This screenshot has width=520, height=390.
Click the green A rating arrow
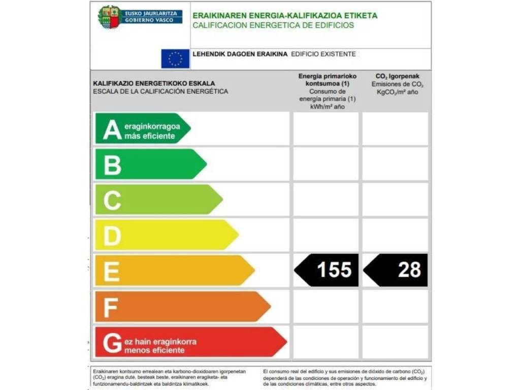142,128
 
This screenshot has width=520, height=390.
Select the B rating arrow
150,164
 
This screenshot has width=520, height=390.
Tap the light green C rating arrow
157,200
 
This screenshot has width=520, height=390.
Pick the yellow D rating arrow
166,235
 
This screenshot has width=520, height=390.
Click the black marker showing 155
327,270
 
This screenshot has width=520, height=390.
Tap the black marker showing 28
396,270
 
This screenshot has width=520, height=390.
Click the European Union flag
175,58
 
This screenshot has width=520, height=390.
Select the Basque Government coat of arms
109,17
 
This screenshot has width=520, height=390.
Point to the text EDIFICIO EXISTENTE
323,54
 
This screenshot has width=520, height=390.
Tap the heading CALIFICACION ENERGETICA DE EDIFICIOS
273,25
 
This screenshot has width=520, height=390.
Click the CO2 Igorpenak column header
397,76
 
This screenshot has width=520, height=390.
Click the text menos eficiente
154,350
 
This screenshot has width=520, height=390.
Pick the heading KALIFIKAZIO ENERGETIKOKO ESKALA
154,83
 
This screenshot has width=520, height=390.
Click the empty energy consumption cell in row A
326,128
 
